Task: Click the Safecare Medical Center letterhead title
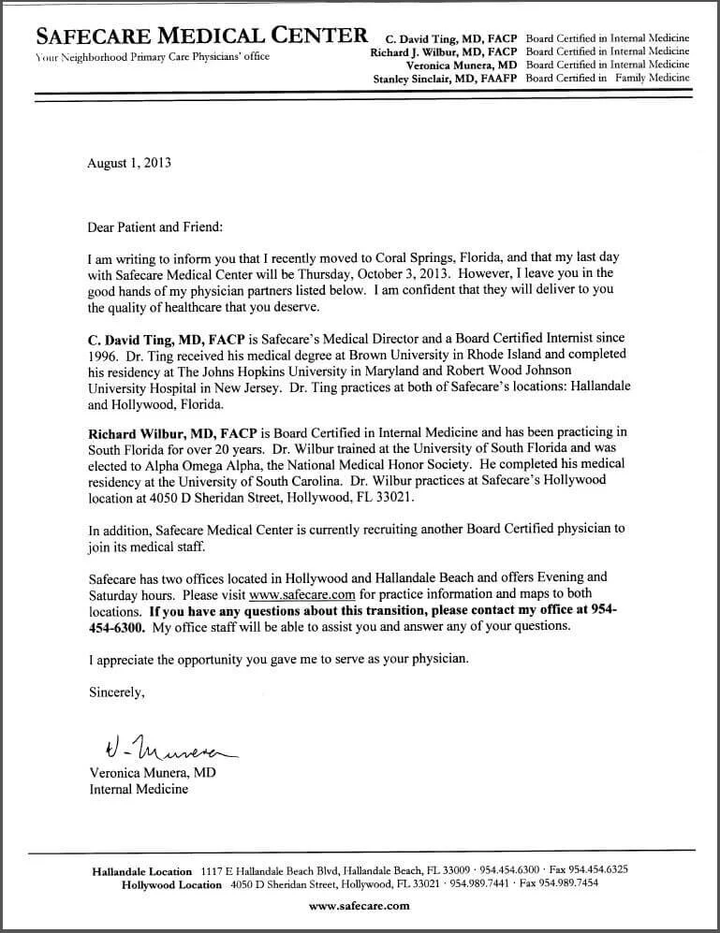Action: click(201, 36)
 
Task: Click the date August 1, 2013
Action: click(129, 162)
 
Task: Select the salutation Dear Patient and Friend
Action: click(156, 226)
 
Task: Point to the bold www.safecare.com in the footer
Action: click(360, 906)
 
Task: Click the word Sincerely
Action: click(117, 693)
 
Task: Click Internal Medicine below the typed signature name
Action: click(139, 789)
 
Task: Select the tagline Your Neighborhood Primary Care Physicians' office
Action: click(152, 57)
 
